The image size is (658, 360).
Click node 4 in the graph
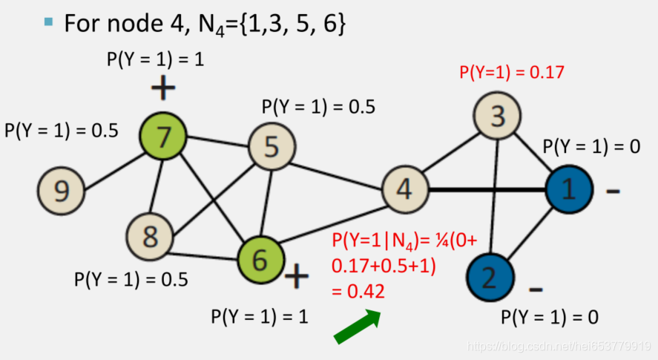coord(406,189)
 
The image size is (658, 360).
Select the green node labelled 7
coord(163,136)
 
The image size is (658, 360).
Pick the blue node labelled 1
coord(569,189)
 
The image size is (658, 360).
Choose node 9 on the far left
coord(62,190)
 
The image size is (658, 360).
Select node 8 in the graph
coord(150,238)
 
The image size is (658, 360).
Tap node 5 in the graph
coord(272,146)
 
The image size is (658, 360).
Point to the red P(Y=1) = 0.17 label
coord(512,73)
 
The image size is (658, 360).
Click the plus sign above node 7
coord(163,89)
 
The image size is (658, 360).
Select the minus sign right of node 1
coord(613,192)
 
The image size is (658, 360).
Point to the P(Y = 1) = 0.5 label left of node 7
coord(62,131)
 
